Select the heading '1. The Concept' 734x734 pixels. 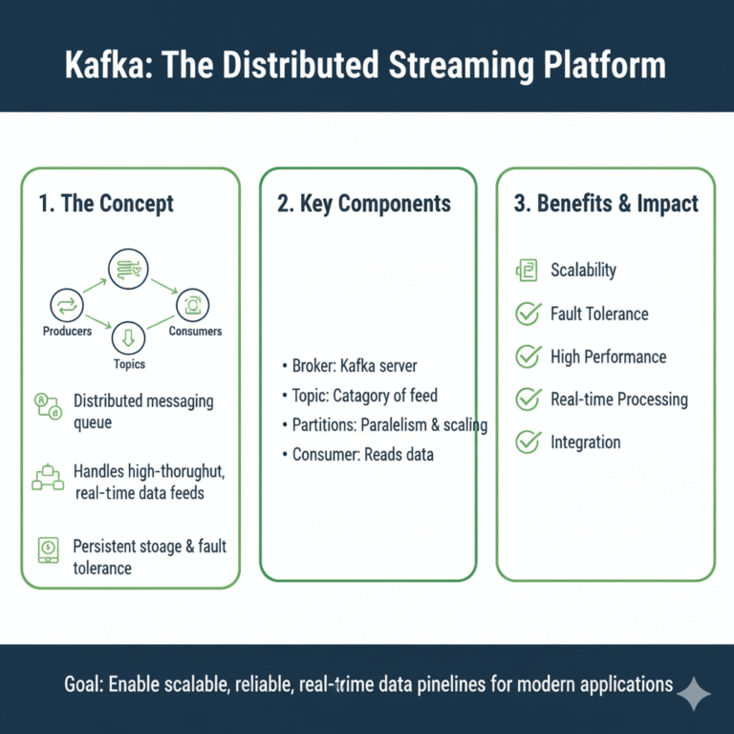pyautogui.click(x=106, y=204)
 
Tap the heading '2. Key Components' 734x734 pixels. pyautogui.click(x=364, y=204)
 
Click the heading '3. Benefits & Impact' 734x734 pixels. pyautogui.click(x=606, y=204)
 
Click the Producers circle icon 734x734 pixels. pyautogui.click(x=67, y=305)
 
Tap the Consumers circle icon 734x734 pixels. pyautogui.click(x=192, y=305)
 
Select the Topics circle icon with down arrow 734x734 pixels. pyautogui.click(x=129, y=337)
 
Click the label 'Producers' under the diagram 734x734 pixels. pyautogui.click(x=67, y=332)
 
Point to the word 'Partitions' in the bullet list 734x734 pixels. pyautogui.click(x=325, y=424)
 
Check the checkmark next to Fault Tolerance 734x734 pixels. pyautogui.click(x=528, y=313)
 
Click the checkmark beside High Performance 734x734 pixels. pyautogui.click(x=528, y=356)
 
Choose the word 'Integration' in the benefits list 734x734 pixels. pyautogui.click(x=585, y=443)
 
